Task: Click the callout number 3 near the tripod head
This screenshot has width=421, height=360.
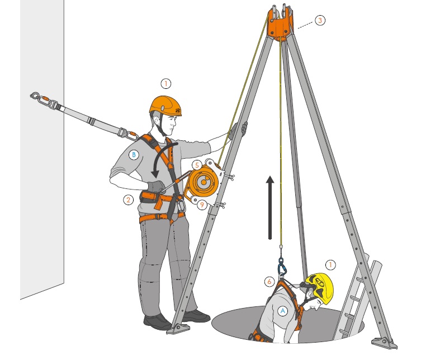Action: [x=320, y=20]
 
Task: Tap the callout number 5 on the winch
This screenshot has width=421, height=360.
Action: [x=197, y=165]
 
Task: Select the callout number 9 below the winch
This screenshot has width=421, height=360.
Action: [x=202, y=205]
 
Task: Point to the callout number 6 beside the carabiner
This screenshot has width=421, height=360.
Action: [x=269, y=281]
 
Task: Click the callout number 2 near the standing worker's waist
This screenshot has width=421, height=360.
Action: [x=129, y=200]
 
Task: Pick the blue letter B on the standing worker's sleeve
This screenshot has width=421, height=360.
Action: [x=134, y=155]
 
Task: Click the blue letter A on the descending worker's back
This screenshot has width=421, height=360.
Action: [x=282, y=311]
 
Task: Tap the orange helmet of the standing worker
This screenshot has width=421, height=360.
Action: [x=165, y=106]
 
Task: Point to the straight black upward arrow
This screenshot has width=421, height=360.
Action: [x=270, y=207]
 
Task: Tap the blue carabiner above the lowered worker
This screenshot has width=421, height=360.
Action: [x=281, y=267]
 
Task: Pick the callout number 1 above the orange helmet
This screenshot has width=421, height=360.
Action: [x=166, y=84]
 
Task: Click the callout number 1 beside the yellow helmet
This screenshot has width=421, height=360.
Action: [x=330, y=265]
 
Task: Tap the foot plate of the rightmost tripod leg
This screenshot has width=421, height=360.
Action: [x=384, y=343]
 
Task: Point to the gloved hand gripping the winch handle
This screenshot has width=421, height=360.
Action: [x=156, y=187]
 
